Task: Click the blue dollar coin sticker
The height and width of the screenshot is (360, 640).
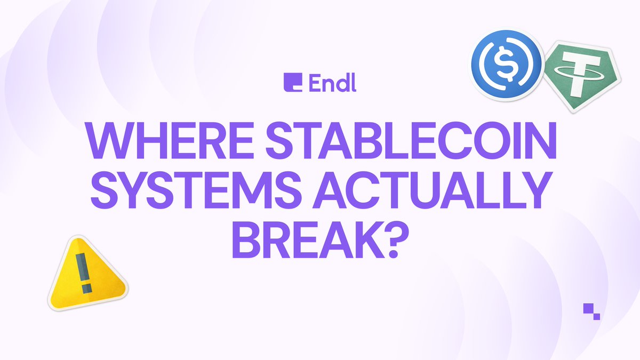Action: [x=507, y=65]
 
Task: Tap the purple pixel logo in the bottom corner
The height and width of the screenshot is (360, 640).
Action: [x=591, y=311]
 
